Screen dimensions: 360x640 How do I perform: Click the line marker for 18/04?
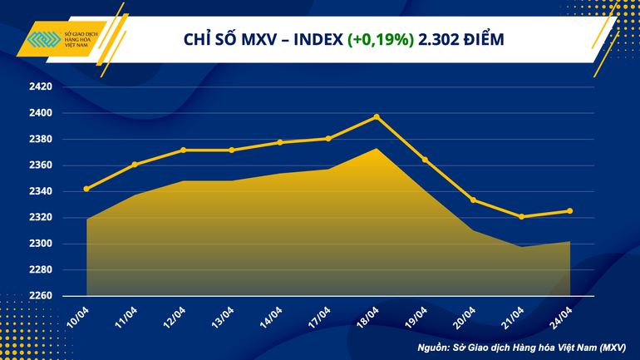[377, 117]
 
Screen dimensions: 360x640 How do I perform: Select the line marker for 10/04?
[87, 189]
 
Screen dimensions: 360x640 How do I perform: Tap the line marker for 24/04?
[569, 211]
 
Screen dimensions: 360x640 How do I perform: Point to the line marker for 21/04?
[521, 217]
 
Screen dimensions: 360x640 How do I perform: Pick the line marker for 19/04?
[425, 160]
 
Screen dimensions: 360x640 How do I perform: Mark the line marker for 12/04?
[184, 150]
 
